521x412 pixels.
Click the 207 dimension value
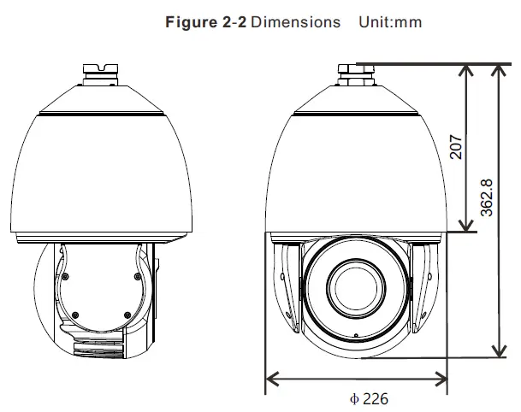pos(456,146)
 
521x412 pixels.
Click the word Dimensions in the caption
pos(296,22)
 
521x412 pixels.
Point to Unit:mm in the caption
pos(389,22)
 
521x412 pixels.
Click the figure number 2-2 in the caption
pos(233,22)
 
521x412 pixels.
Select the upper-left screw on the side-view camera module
pos(65,274)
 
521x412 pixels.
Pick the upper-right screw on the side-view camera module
pos(135,274)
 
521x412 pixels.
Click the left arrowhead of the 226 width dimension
pos(271,375)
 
